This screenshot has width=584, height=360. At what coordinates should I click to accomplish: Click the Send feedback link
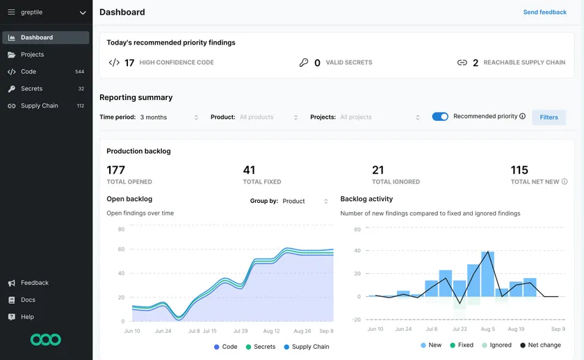(544, 13)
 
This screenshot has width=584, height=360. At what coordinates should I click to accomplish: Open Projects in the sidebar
(32, 54)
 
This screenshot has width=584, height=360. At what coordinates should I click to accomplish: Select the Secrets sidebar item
(31, 89)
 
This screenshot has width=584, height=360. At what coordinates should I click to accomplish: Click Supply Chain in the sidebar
(39, 106)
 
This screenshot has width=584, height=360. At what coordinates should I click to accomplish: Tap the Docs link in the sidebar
(28, 300)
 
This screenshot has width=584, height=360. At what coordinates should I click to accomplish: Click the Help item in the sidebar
(27, 317)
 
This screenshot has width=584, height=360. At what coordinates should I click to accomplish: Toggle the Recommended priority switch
(440, 117)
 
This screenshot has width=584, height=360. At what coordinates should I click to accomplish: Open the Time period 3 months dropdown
(169, 117)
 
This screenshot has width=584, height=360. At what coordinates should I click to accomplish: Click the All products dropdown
(268, 117)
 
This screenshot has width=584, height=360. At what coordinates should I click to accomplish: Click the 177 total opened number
(115, 170)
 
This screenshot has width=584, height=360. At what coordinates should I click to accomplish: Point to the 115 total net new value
(519, 170)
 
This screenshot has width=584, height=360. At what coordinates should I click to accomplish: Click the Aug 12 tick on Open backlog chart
(272, 332)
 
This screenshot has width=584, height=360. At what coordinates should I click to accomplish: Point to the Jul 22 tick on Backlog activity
(460, 329)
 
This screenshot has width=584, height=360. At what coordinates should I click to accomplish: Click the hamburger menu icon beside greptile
(11, 13)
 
